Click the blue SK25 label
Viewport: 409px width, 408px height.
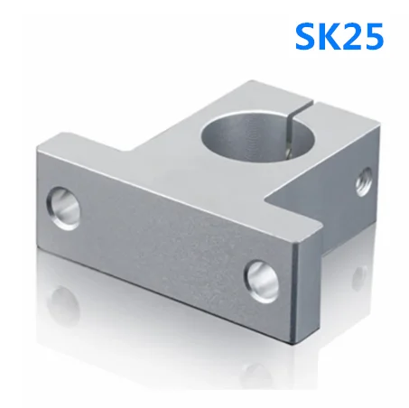click(339, 36)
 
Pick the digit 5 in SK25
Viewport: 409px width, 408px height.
click(373, 36)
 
